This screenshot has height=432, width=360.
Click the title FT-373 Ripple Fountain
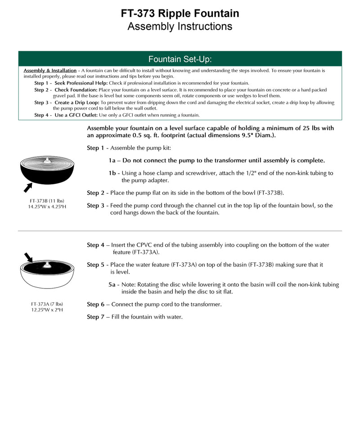pyautogui.click(x=180, y=13)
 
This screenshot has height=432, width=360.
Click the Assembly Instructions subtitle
pyautogui.click(x=180, y=27)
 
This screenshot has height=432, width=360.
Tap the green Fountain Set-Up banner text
pyautogui.click(x=180, y=59)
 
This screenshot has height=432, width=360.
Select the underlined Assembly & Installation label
pyautogui.click(x=50, y=71)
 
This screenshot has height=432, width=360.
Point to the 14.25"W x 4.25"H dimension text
pyautogui.click(x=47, y=207)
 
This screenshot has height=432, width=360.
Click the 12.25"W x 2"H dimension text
pyautogui.click(x=47, y=310)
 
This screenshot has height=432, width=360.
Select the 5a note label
pyautogui.click(x=112, y=285)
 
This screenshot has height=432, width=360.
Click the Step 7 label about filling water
pyautogui.click(x=96, y=317)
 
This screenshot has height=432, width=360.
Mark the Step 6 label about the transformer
pyautogui.click(x=96, y=305)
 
